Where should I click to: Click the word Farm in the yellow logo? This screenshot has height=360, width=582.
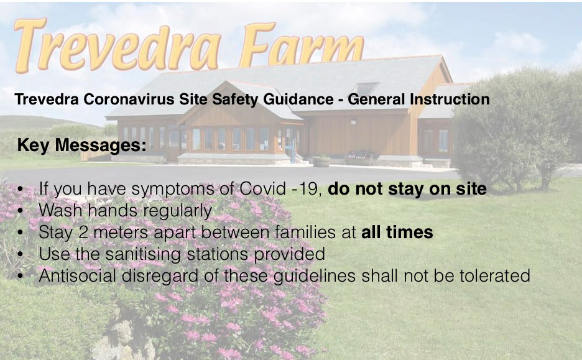tap(302, 45)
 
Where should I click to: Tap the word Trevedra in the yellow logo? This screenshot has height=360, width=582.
tap(118, 45)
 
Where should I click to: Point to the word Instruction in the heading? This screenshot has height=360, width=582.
tap(450, 99)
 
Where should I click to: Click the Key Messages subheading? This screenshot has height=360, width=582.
tap(81, 145)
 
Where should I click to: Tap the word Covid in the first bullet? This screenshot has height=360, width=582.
tap(262, 188)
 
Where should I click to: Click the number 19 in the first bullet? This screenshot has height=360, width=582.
tap(309, 189)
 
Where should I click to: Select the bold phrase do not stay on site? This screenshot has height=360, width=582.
tap(407, 188)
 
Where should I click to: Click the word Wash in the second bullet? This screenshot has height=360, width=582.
tap(61, 210)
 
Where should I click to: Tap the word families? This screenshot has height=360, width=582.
tap(304, 232)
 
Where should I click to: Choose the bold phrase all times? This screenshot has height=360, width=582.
tap(397, 233)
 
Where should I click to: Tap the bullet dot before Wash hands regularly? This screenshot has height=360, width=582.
tap(21, 211)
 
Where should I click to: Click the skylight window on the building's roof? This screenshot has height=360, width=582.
tap(365, 89)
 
